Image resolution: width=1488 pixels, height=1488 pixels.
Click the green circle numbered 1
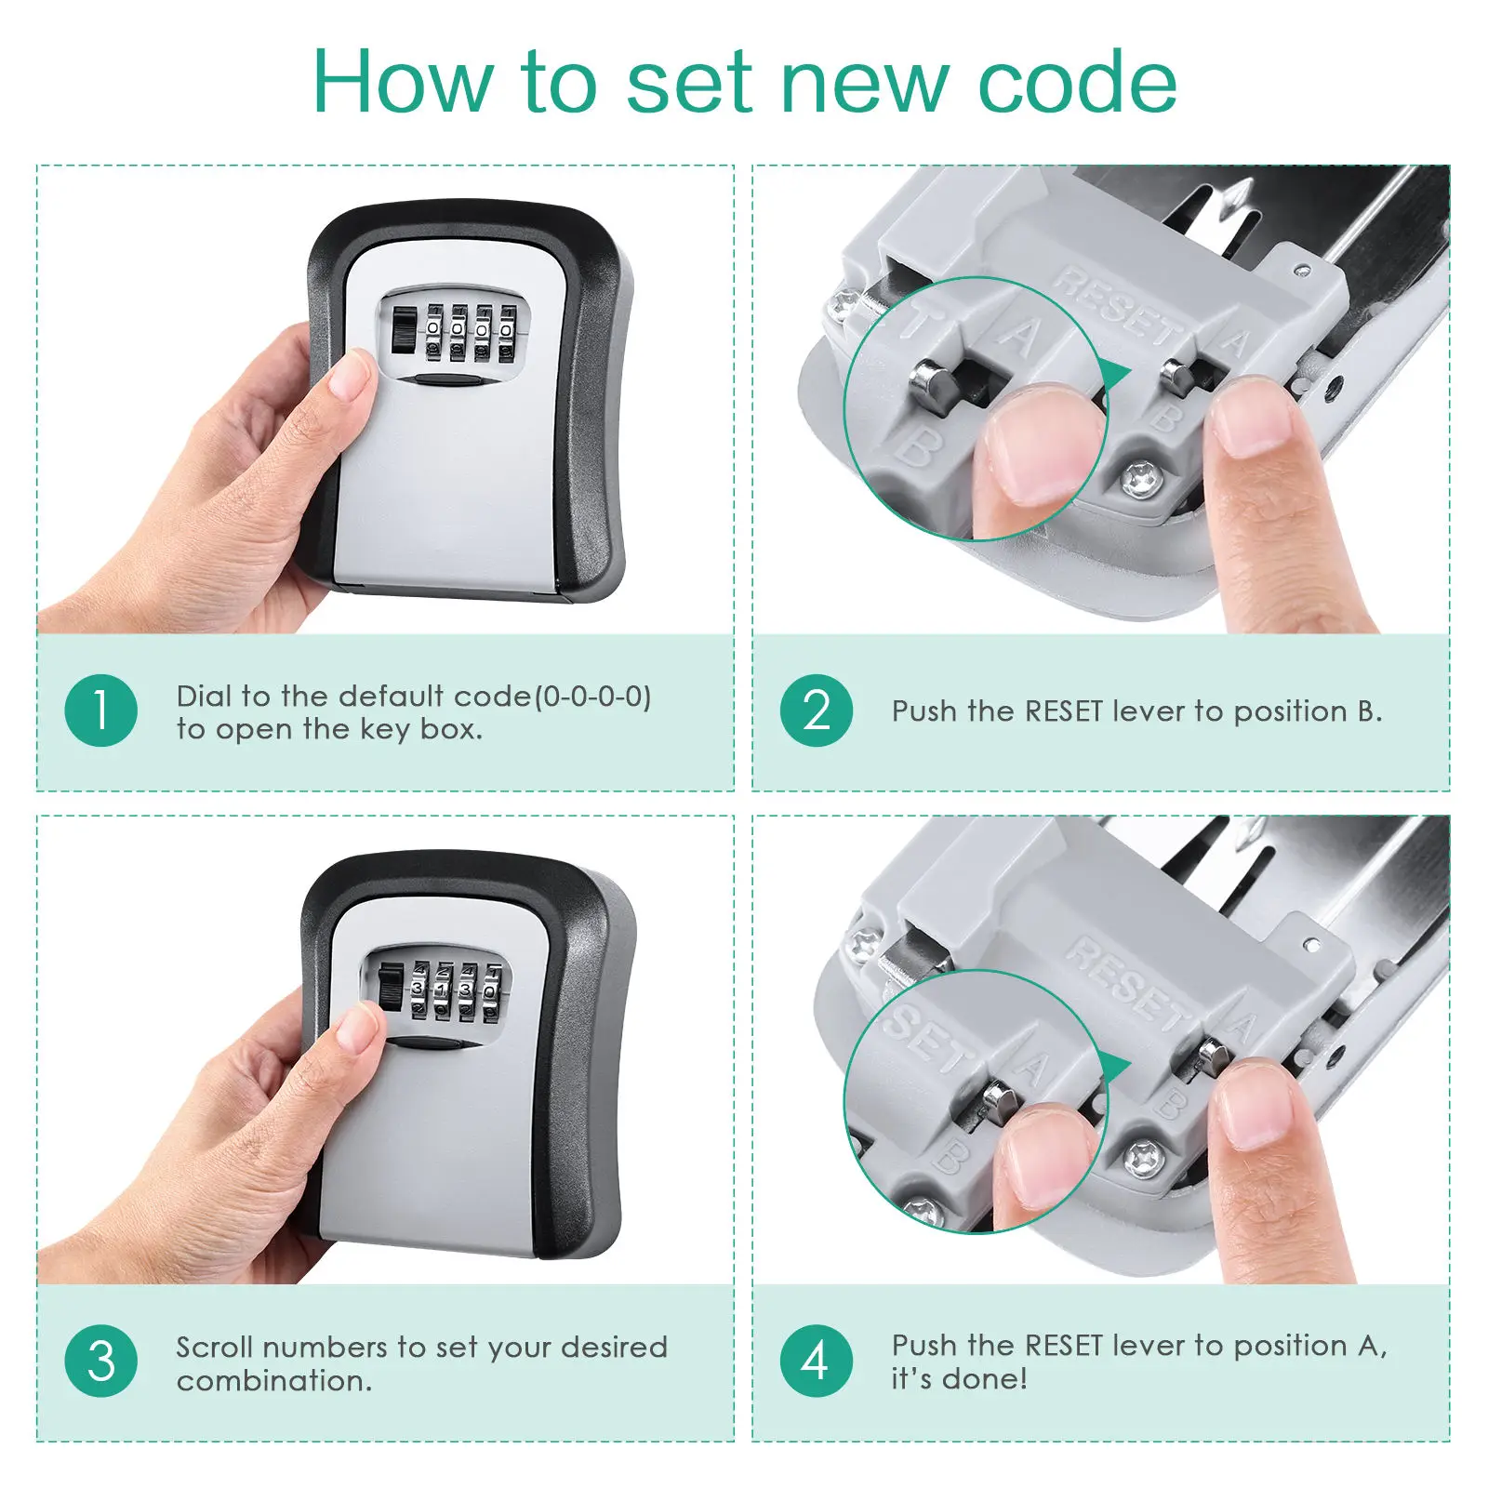(x=101, y=711)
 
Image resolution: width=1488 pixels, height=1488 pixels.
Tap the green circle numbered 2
(x=816, y=711)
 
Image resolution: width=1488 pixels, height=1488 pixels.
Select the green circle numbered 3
(x=101, y=1361)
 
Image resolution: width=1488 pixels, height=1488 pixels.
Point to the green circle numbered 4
(x=816, y=1361)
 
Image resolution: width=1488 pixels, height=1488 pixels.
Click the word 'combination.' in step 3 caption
(x=274, y=1381)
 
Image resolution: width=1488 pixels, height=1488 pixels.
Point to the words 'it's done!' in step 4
(x=959, y=1379)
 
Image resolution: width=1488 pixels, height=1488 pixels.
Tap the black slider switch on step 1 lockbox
(x=403, y=329)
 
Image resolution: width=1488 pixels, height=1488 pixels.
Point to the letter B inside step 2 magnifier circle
(x=917, y=448)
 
